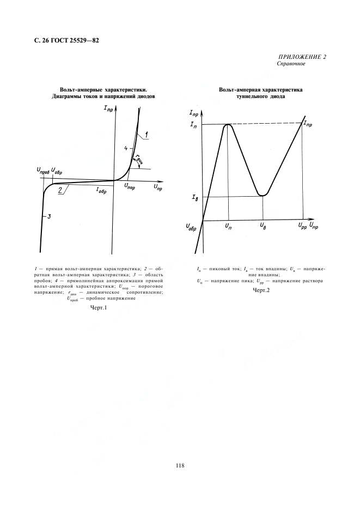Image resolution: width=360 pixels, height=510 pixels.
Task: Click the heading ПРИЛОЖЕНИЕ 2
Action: click(303, 57)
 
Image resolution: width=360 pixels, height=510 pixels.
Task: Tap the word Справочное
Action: click(291, 63)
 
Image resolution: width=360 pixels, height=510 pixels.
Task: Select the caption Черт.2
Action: click(261, 290)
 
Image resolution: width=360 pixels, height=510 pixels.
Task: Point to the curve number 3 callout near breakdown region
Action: click(49, 217)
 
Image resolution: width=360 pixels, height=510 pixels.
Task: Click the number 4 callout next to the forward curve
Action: click(125, 148)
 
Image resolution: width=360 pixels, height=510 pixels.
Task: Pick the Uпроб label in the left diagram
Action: click(41, 171)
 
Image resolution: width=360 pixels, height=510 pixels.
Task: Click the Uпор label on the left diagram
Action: click(130, 186)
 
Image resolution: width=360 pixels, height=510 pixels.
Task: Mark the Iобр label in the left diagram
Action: click(101, 191)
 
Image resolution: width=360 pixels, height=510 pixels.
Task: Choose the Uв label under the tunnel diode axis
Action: click(263, 224)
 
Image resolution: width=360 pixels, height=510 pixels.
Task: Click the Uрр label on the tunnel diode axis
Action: click(301, 224)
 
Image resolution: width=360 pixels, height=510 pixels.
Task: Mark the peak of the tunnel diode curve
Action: click(228, 125)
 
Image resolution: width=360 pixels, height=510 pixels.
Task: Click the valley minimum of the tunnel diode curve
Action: click(263, 195)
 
